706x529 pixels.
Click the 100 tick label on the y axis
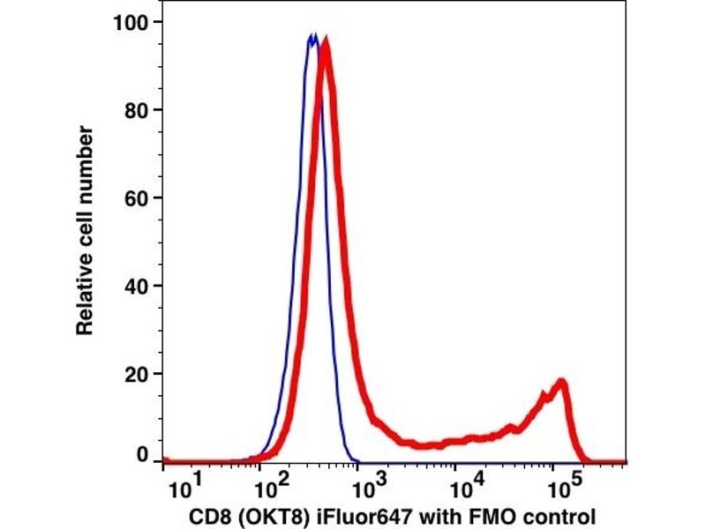pos(131,22)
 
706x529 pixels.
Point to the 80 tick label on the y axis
pos(137,110)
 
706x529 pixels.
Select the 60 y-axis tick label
pos(137,197)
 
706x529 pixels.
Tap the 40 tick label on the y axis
pos(137,286)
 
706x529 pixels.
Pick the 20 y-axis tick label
pos(137,374)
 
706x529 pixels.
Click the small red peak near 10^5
pos(559,383)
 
